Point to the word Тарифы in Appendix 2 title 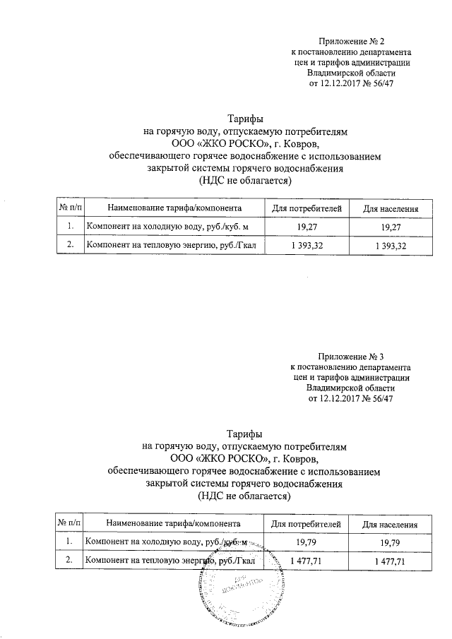tap(245, 119)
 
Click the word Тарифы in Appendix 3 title tap(245, 433)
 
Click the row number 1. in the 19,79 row tap(69, 542)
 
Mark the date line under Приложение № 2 tap(350, 84)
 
